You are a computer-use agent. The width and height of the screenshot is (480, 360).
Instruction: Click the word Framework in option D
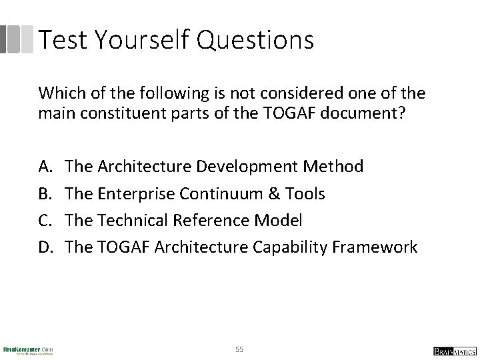click(x=376, y=247)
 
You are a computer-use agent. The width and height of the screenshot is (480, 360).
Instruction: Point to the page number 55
click(x=240, y=349)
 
